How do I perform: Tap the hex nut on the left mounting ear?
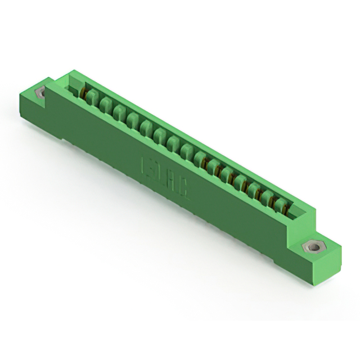point(40,93)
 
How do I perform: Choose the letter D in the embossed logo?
point(159,175)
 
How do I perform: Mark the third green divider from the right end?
point(253,190)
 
